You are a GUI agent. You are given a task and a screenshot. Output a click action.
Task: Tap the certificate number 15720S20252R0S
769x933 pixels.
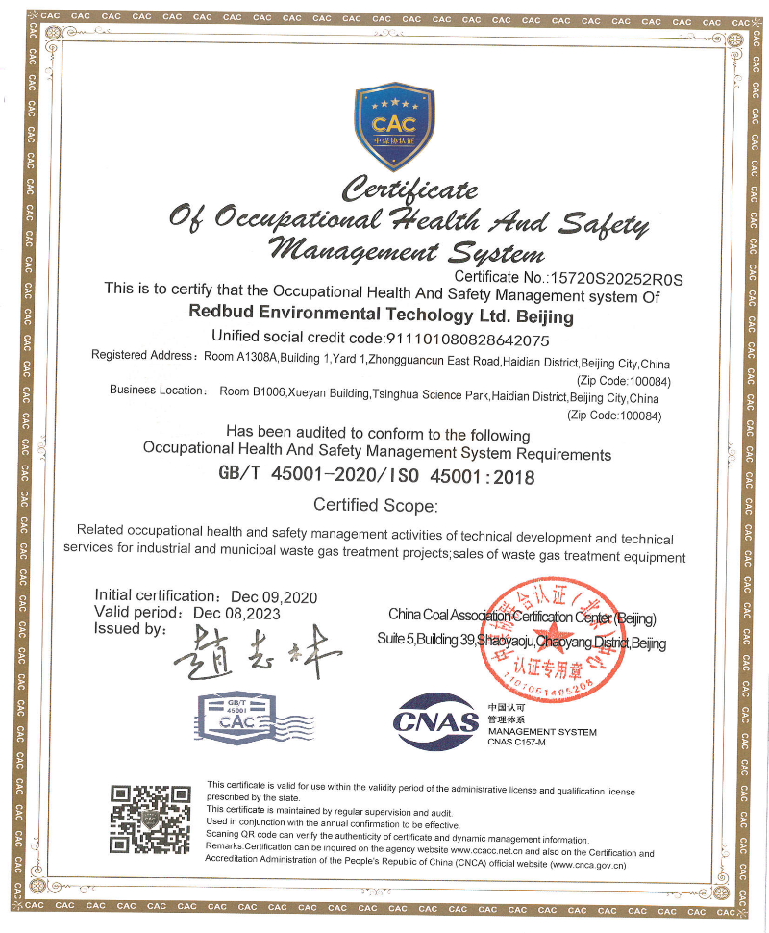point(614,280)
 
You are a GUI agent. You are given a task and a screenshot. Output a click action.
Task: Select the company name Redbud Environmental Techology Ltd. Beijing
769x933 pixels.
point(382,315)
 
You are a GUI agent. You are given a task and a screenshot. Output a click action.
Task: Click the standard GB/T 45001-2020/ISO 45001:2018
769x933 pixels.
point(377,475)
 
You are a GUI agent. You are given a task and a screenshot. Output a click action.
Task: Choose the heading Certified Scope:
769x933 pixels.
point(376,505)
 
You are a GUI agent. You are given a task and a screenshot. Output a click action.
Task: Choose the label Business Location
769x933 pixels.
point(157,390)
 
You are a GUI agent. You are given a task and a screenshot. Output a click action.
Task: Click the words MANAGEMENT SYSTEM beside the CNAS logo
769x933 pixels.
point(541,732)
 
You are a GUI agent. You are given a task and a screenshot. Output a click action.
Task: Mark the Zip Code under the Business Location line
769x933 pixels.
point(616,416)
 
